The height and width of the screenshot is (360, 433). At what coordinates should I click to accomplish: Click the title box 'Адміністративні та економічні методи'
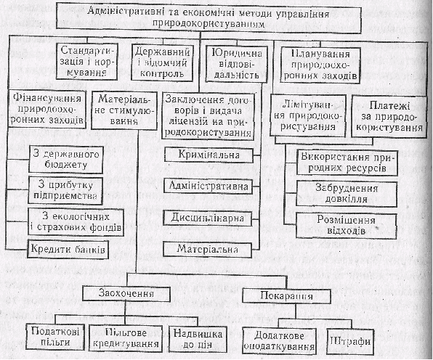coord(209,17)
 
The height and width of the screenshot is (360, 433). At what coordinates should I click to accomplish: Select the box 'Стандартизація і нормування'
coord(86,61)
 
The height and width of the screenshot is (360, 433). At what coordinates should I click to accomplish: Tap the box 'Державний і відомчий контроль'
coord(162,62)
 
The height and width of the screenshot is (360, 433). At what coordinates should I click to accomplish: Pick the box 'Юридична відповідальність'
coord(237,63)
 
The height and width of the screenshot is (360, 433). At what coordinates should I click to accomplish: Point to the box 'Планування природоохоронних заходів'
coord(320,65)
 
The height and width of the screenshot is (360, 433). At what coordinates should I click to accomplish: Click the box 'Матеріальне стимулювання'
coord(124,110)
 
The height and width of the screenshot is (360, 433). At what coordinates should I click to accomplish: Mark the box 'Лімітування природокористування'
coord(308,115)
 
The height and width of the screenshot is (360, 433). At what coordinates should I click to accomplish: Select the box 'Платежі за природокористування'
coord(389,116)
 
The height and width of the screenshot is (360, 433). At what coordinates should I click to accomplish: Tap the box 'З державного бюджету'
coord(65,160)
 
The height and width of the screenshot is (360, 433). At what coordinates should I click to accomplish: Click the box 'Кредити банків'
coord(68,250)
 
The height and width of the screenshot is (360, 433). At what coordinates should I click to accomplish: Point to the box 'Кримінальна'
coord(209,155)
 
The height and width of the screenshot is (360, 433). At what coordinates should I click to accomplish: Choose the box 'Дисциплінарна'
coord(207,218)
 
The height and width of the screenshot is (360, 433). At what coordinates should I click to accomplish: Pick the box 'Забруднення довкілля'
coord(347,194)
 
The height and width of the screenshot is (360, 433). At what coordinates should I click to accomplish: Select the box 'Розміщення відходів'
coord(347,225)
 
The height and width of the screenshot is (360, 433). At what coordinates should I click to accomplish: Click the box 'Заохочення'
coord(126,293)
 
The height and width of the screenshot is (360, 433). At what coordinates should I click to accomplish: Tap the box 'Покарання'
coord(286,296)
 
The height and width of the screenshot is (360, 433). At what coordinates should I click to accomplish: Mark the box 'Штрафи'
coord(350,342)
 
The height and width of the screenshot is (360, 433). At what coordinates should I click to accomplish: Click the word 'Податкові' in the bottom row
coord(55,331)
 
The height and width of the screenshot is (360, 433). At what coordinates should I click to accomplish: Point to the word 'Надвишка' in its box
coord(198,334)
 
